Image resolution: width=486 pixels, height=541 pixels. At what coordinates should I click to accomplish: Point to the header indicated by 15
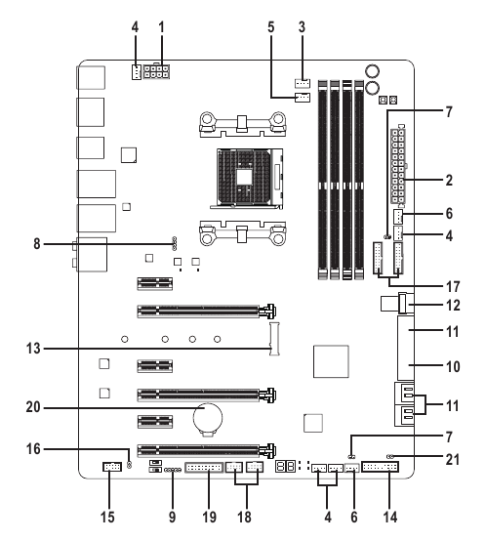[x=107, y=469]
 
